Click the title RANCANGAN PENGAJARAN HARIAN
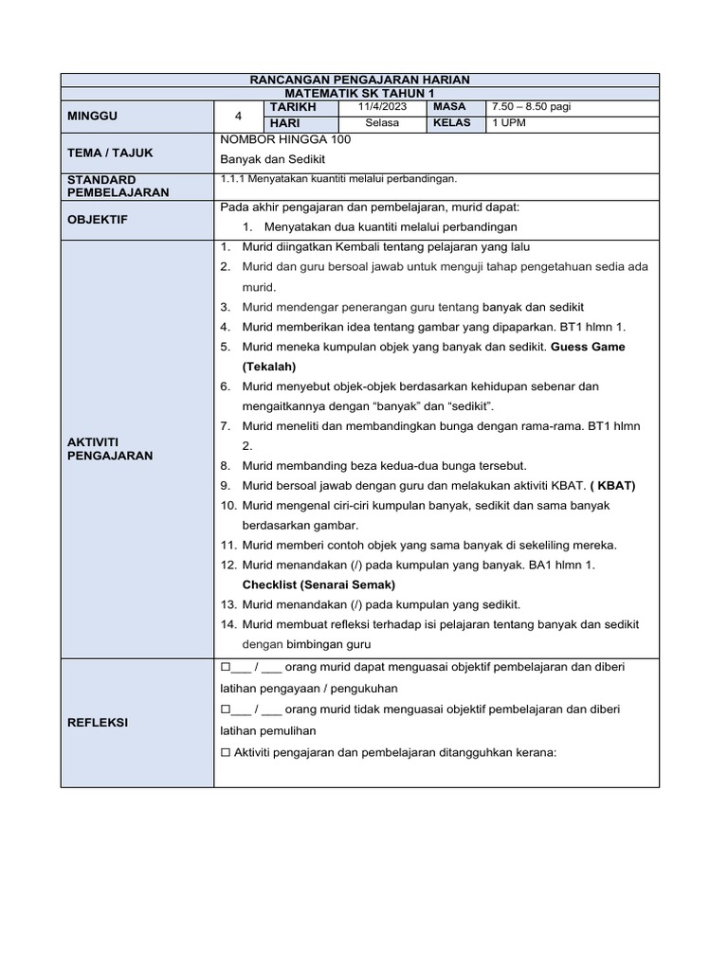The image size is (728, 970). pyautogui.click(x=359, y=81)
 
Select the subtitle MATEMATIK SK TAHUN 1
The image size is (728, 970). pyautogui.click(x=359, y=94)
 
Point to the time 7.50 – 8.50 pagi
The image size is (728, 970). pyautogui.click(x=531, y=108)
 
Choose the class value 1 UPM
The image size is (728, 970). pyautogui.click(x=508, y=123)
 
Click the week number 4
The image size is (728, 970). pyautogui.click(x=239, y=116)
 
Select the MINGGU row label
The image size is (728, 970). pyautogui.click(x=90, y=116)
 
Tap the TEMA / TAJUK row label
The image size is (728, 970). pyautogui.click(x=110, y=153)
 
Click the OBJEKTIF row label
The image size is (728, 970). pyautogui.click(x=98, y=220)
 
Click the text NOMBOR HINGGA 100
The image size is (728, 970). pyautogui.click(x=285, y=139)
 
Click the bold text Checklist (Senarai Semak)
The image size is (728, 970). pyautogui.click(x=318, y=584)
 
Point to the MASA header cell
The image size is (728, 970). pyautogui.click(x=449, y=108)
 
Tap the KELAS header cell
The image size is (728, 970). pyautogui.click(x=452, y=123)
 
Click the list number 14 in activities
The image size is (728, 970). pyautogui.click(x=227, y=624)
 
